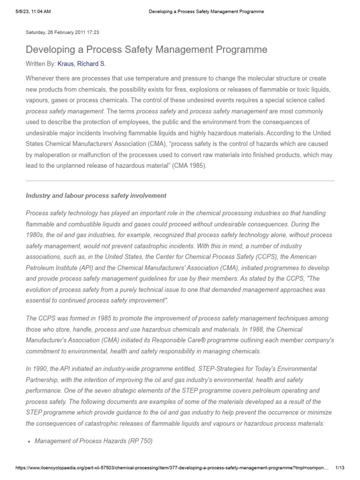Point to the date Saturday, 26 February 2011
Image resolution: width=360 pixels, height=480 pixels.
coord(62,33)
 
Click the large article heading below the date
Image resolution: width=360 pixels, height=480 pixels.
coord(146,49)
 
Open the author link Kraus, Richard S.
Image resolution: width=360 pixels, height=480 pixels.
coord(85,63)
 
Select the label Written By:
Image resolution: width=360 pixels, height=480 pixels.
coord(41,63)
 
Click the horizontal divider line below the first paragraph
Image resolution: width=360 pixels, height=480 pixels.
coord(180,180)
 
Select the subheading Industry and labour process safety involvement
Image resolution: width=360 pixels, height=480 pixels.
coord(96,195)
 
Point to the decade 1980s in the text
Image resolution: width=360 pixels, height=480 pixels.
coord(36,235)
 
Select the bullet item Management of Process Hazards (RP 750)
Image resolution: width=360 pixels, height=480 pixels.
coord(94,441)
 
